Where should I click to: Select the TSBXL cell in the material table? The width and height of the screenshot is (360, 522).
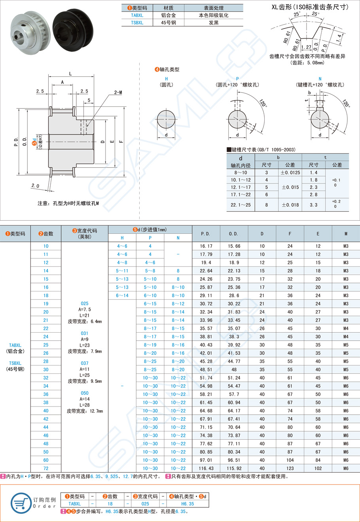pos(137,23)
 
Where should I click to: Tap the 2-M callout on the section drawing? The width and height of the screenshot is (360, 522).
pos(118,92)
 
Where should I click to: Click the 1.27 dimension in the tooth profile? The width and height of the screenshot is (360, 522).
pos(306,47)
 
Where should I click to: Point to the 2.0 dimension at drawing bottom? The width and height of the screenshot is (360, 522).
pos(35,185)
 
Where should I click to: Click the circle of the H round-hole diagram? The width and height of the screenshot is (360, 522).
pos(166,119)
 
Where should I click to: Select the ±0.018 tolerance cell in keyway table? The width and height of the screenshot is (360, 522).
pos(290,205)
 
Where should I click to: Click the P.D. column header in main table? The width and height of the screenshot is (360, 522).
pos(206,234)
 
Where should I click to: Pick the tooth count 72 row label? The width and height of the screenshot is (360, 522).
pos(46,468)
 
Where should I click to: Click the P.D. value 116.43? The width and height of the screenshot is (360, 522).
pos(206,468)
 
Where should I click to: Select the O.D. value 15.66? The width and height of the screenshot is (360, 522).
pos(234,246)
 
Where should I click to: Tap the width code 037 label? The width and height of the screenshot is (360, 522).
pos(85,363)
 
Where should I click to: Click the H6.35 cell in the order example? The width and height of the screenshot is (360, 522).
pos(188,504)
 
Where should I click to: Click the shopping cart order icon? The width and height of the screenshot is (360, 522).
pos(21,503)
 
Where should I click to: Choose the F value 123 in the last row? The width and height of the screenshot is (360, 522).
pos(290,468)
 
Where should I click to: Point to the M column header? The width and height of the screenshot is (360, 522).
pos(346,234)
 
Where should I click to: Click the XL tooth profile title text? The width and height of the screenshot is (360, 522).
pos(310,7)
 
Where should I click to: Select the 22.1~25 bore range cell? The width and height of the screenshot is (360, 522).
pos(241,205)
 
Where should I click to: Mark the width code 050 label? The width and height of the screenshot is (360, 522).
pos(85,393)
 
